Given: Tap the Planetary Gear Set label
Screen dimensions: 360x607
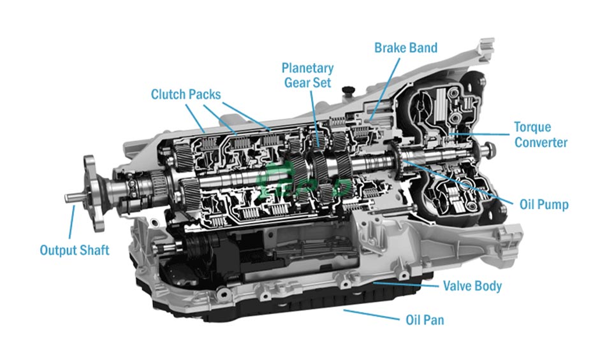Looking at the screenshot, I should point(308,76).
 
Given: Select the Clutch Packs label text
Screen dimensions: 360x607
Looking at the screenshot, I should point(186,95).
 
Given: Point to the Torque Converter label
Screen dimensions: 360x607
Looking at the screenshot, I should point(541,135).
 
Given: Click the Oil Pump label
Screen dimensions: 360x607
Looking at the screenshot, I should point(543,205).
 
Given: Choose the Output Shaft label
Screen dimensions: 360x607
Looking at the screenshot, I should point(75,250).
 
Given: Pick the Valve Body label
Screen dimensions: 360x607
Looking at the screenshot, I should point(472,285).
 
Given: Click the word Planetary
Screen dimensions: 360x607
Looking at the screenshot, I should point(308,68).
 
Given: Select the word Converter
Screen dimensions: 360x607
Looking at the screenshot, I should point(541,143).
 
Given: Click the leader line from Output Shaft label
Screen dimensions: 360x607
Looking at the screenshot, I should point(71,223).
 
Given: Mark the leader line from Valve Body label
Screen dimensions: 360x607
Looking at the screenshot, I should point(408,284).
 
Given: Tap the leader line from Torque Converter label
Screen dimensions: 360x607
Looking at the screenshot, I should point(485,134).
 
